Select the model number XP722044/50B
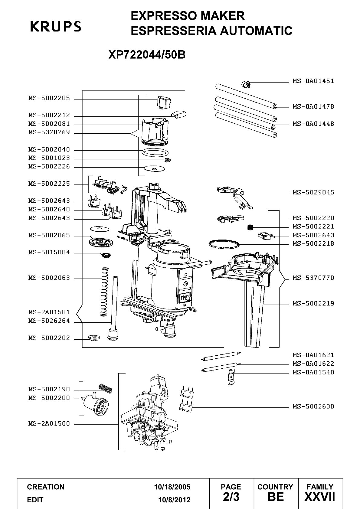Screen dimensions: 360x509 point(147,54)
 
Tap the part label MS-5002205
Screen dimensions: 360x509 point(49,98)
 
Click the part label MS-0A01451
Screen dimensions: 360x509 point(313,81)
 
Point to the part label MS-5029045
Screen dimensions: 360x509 point(313,192)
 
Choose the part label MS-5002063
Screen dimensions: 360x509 point(49,278)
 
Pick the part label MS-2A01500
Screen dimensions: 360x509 point(49,423)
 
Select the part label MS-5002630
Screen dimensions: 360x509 point(313,406)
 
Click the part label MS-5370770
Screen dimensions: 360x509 point(313,278)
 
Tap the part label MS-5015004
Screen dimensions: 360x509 point(49,252)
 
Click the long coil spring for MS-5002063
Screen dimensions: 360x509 point(104,292)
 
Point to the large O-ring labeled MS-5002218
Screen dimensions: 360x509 point(224,245)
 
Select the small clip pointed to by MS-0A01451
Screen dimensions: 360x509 point(246,85)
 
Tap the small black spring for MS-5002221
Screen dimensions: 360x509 point(250,227)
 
